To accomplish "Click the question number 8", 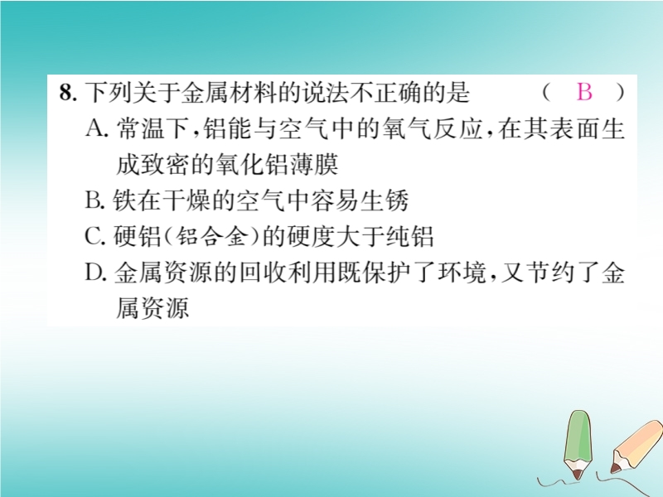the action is tap(68, 93).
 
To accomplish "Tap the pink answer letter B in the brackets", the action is tap(584, 91).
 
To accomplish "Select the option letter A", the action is tap(95, 128).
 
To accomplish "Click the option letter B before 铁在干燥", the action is tap(94, 200).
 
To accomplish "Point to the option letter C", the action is tap(94, 236).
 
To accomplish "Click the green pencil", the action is tap(578, 445).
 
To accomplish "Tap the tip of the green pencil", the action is tap(577, 480).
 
